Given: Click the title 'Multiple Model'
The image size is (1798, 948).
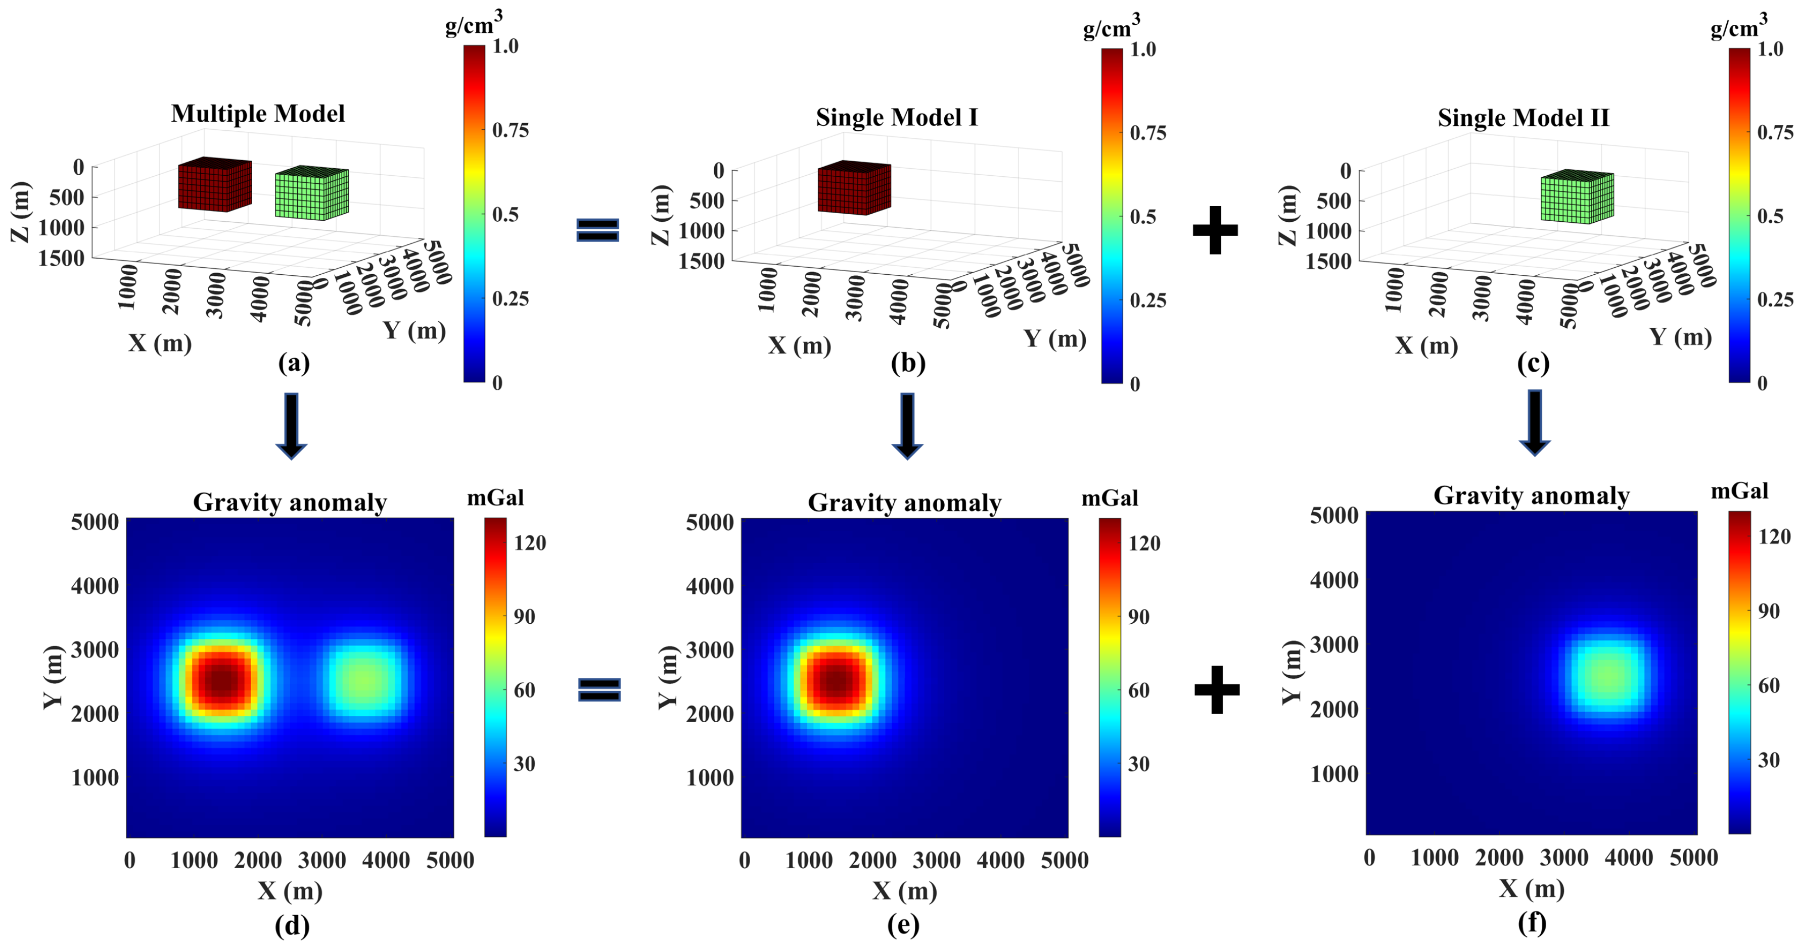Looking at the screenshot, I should coord(258,114).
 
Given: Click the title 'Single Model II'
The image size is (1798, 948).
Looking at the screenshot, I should coord(1523,117).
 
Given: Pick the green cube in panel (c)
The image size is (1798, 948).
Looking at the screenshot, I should coord(1577,197).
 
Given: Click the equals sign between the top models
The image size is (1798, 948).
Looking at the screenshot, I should coord(597,229).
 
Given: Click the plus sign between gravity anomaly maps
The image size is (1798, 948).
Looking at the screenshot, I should coord(1217,689).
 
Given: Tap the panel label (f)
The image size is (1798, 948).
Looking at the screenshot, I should coord(1532,922).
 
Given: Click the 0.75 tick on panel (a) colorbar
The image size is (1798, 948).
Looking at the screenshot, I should coord(510,130).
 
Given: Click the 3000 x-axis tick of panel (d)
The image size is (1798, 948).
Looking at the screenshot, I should coord(322,860).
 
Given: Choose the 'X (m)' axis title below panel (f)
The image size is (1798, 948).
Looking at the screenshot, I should coord(1532,888).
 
